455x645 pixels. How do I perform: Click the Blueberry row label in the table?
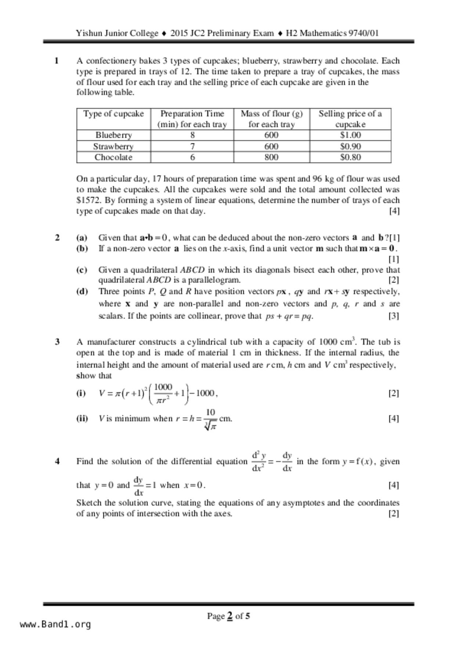pyautogui.click(x=113, y=135)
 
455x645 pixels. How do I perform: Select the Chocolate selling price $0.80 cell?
pyautogui.click(x=350, y=157)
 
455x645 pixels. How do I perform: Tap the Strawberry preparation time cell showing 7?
pyautogui.click(x=192, y=146)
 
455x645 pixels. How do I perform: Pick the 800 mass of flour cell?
pyautogui.click(x=271, y=157)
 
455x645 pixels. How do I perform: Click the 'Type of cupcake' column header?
pyautogui.click(x=113, y=114)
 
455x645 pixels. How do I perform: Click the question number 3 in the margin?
pyautogui.click(x=57, y=342)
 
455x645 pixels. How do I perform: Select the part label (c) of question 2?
pyautogui.click(x=82, y=270)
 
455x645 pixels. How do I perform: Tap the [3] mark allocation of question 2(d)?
pyautogui.click(x=393, y=316)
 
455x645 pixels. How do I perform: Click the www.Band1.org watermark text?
pyautogui.click(x=55, y=624)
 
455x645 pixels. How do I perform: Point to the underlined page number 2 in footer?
pyautogui.click(x=230, y=616)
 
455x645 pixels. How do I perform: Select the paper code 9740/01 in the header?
pyautogui.click(x=363, y=33)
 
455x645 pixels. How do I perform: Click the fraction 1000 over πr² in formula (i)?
pyautogui.click(x=163, y=394)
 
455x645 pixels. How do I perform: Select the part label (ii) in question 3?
pyautogui.click(x=82, y=418)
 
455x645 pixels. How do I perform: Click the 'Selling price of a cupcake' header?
pyautogui.click(x=350, y=119)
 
